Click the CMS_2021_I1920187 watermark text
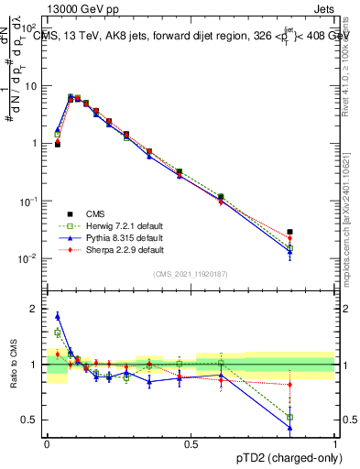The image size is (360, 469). [x=191, y=274]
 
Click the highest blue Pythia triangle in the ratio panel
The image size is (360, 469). [x=58, y=316]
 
